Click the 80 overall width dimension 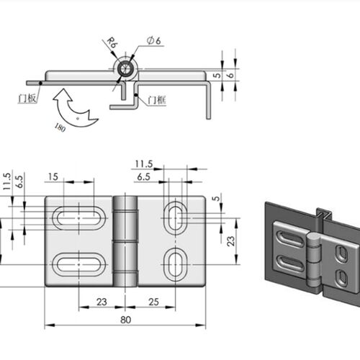click(x=125, y=320)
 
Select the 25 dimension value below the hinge click(x=153, y=302)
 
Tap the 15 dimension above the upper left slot click(x=53, y=177)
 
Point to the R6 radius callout click(x=112, y=42)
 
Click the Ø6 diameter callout click(x=154, y=40)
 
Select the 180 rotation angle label click(x=60, y=127)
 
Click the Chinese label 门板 click(x=27, y=98)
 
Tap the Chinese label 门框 click(x=157, y=100)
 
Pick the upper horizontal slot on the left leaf click(x=79, y=218)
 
